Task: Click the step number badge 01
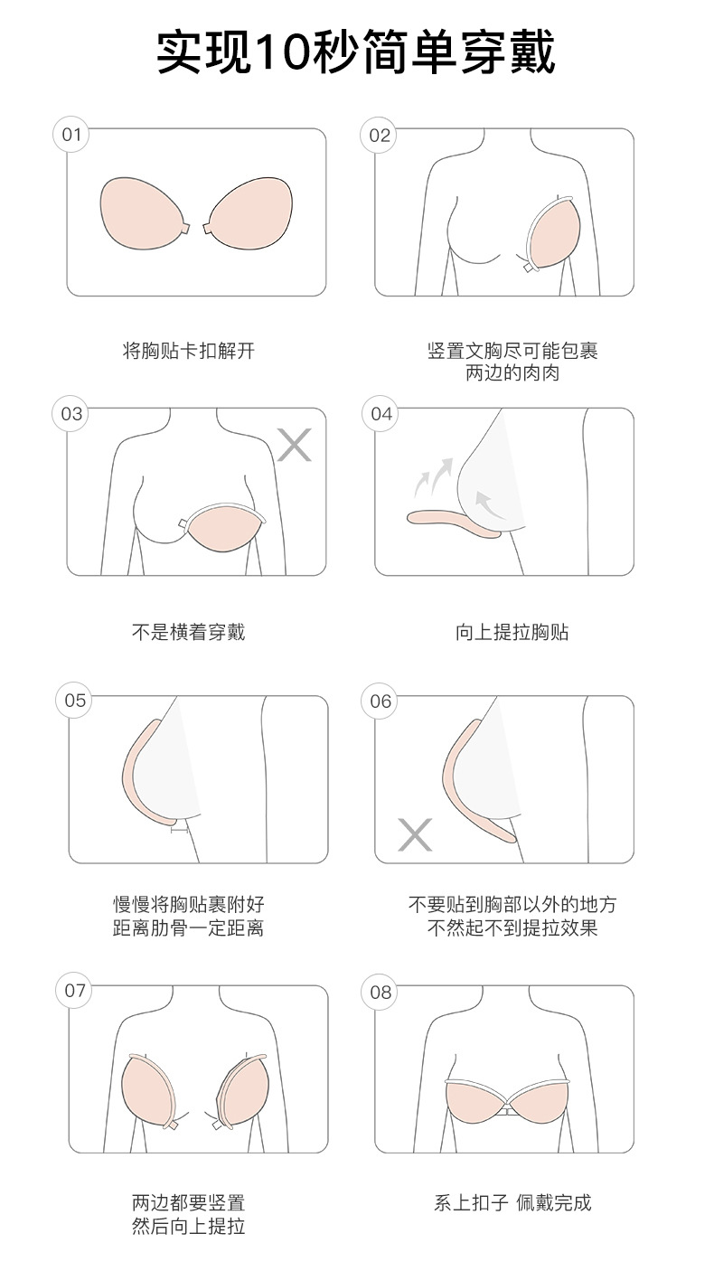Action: coord(71,135)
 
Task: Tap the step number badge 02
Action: coord(380,135)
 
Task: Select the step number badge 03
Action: coord(71,414)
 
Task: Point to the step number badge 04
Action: coord(381,414)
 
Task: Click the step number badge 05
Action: coord(75,701)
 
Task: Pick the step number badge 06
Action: coord(380,701)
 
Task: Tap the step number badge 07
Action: coord(75,991)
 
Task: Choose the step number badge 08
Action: coord(380,992)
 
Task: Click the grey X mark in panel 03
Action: coord(295,445)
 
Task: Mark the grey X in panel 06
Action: coord(415,834)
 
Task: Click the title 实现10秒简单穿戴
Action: coord(355,52)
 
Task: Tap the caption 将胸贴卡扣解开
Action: coord(189,350)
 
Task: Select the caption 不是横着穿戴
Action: coord(189,632)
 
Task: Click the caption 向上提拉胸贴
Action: coord(512,632)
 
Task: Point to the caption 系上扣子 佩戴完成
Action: coord(512,1202)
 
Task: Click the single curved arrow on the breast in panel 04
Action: coord(490,504)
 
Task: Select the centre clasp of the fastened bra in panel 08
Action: coord(506,1107)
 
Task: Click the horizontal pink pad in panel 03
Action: coord(224,528)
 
